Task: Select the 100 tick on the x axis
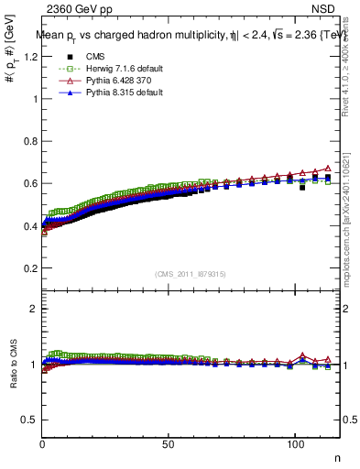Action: tap(293, 443)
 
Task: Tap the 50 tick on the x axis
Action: tap(168, 443)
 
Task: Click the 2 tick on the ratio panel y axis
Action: tap(34, 309)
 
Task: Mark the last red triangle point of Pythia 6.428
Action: tap(328, 169)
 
